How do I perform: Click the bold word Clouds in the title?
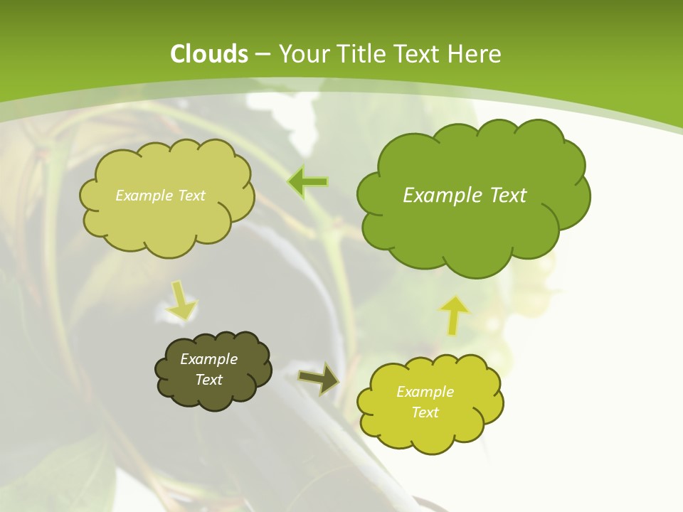coord(209,54)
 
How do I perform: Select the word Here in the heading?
coord(476,54)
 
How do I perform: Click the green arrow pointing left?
coord(307,182)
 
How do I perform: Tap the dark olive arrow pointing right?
coord(318,378)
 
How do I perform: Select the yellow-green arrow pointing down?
coord(181,300)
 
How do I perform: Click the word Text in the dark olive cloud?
coord(209,380)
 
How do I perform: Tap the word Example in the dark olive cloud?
coord(209,359)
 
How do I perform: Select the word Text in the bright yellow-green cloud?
coord(425,412)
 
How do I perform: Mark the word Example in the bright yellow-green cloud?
coord(425,392)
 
